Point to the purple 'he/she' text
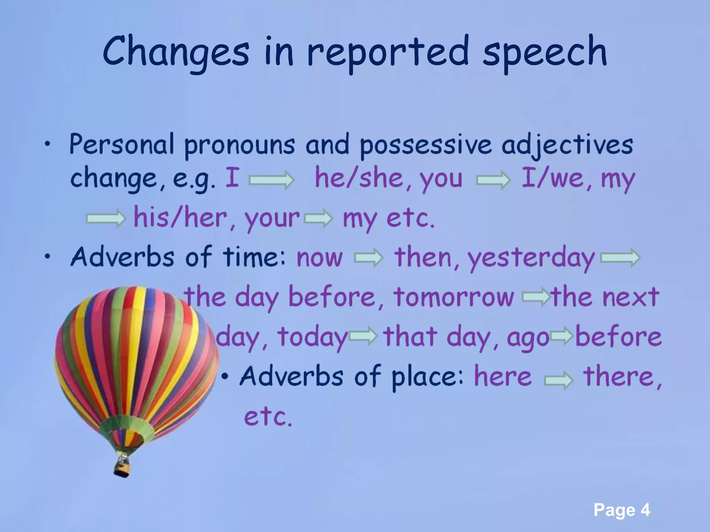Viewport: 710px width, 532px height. (x=358, y=178)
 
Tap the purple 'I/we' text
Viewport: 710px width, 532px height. (x=553, y=178)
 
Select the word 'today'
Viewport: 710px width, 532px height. (x=312, y=337)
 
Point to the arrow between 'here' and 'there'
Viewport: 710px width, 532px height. (x=559, y=381)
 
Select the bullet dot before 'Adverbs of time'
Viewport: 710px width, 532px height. (x=47, y=257)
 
